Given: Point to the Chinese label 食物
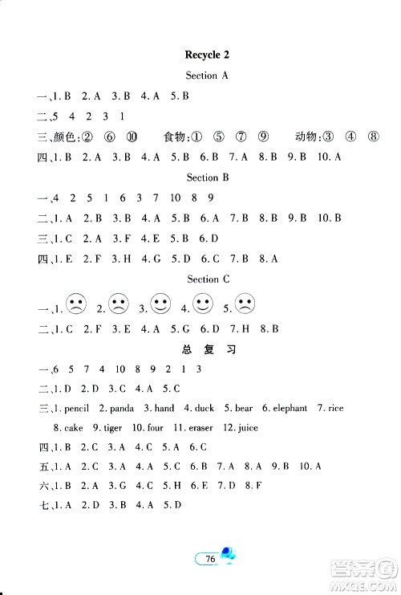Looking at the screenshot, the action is [176, 137].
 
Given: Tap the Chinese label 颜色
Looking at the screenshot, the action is [60, 137].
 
